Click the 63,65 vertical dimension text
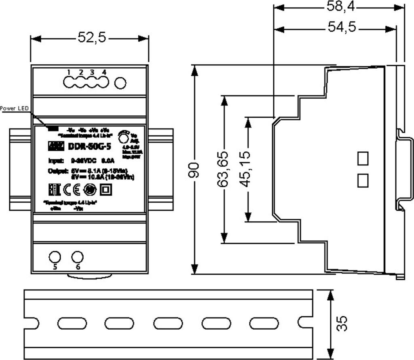tap(223, 169)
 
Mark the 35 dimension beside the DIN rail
tap(342, 324)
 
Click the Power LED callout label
tap(15, 108)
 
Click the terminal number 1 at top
tap(69, 72)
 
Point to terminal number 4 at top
tap(104, 72)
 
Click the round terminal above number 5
tap(55, 257)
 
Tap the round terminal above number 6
tap(77, 257)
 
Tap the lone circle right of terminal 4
tap(120, 83)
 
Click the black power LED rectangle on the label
tap(53, 129)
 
